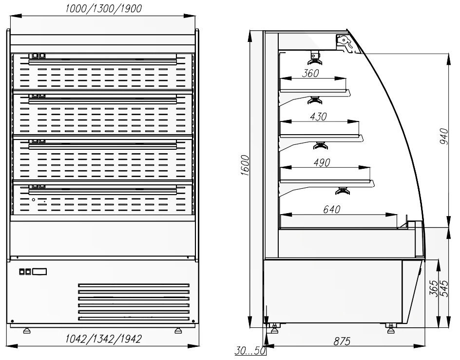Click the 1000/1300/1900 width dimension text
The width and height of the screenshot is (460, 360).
[x=103, y=8]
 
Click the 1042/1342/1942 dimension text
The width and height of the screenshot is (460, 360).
[x=103, y=339]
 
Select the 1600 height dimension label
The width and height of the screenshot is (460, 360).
[x=245, y=166]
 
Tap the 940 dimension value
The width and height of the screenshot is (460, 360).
[x=444, y=137]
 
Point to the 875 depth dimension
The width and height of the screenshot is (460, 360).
[x=342, y=341]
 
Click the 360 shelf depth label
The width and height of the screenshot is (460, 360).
[x=310, y=73]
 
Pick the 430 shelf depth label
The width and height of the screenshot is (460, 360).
[x=318, y=117]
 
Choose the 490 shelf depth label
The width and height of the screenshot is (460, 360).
[x=322, y=162]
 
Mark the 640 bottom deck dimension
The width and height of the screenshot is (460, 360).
[x=331, y=209]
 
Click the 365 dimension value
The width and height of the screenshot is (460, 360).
[x=433, y=288]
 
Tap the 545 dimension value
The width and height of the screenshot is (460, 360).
[x=444, y=288]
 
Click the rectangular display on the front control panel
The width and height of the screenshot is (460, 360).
[x=39, y=272]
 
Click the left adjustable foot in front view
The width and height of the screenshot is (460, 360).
[x=27, y=330]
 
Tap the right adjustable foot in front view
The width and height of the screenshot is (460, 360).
[x=178, y=330]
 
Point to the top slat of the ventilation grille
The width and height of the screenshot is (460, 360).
[x=134, y=285]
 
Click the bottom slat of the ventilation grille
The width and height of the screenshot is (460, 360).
[x=134, y=319]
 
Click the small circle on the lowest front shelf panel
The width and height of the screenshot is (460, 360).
[x=34, y=200]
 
